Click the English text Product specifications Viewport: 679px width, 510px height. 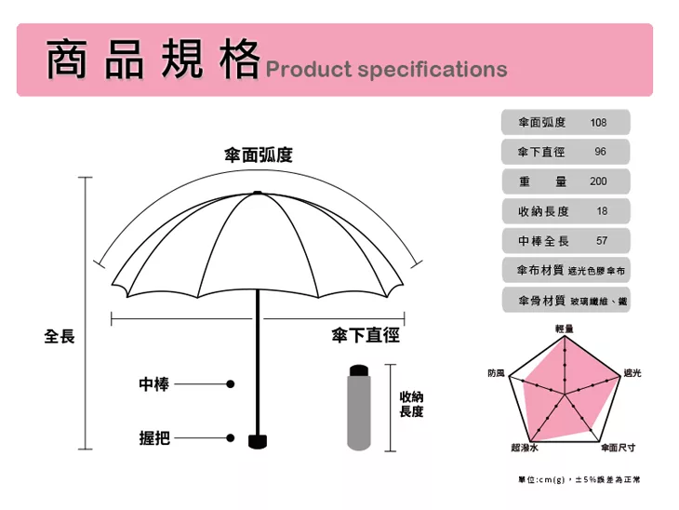pyautogui.click(x=386, y=70)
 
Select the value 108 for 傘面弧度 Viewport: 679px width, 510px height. pyautogui.click(x=598, y=123)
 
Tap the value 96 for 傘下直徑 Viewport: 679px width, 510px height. pyautogui.click(x=600, y=152)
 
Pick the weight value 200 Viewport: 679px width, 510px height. pyautogui.click(x=598, y=181)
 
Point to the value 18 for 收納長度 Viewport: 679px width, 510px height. pyautogui.click(x=602, y=211)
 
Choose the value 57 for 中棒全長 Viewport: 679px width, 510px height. pyautogui.click(x=601, y=241)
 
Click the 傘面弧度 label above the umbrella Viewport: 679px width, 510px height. pyautogui.click(x=259, y=155)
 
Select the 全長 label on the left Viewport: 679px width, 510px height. pyautogui.click(x=60, y=336)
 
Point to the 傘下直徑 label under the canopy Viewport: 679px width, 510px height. pyautogui.click(x=366, y=336)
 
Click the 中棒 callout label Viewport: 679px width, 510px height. pyautogui.click(x=153, y=383)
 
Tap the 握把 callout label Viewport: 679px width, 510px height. pyautogui.click(x=153, y=437)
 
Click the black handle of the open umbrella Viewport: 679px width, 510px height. pyautogui.click(x=258, y=440)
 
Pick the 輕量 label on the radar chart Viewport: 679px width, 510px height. pyautogui.click(x=564, y=328)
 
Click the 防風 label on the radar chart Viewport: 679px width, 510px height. pyautogui.click(x=496, y=373)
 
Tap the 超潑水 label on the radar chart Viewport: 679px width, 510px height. pyautogui.click(x=523, y=449)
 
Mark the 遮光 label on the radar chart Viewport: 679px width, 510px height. pyautogui.click(x=632, y=373)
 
